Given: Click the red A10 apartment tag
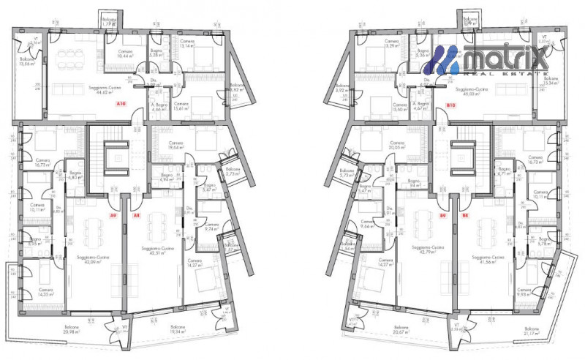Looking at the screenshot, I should coord(122,105).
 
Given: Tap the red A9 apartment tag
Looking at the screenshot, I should coord(113,216).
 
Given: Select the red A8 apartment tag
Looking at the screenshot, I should coord(136,216).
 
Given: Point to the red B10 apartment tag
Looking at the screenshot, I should coord(450,105).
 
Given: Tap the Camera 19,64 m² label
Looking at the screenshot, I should coord(175,145).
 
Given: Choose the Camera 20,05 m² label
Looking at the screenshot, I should coord(397,145).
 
